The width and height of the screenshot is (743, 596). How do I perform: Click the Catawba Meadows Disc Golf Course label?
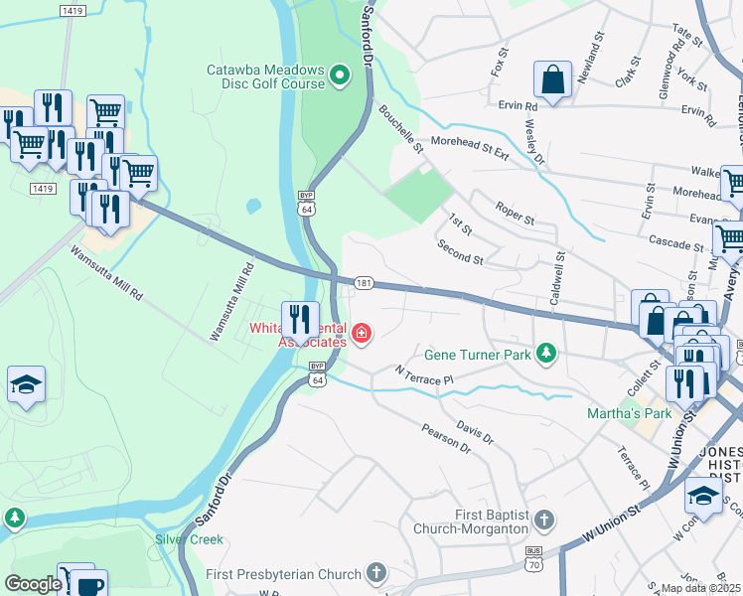[265, 76]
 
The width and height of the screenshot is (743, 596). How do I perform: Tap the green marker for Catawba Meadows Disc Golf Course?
[341, 74]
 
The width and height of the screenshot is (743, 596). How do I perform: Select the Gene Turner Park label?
[479, 354]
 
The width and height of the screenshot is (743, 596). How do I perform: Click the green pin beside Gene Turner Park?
[545, 353]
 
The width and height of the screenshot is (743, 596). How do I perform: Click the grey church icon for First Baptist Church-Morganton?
[543, 520]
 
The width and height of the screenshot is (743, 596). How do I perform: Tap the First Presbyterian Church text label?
[282, 573]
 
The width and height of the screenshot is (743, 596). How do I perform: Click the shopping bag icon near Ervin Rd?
[551, 79]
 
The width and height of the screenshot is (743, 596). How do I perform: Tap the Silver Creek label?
[189, 539]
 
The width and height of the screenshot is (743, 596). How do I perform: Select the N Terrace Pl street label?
[424, 374]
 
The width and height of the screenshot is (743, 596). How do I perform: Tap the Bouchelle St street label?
[400, 131]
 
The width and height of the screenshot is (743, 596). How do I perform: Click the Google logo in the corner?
[33, 584]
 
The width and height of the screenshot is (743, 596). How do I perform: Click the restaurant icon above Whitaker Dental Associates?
[300, 320]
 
